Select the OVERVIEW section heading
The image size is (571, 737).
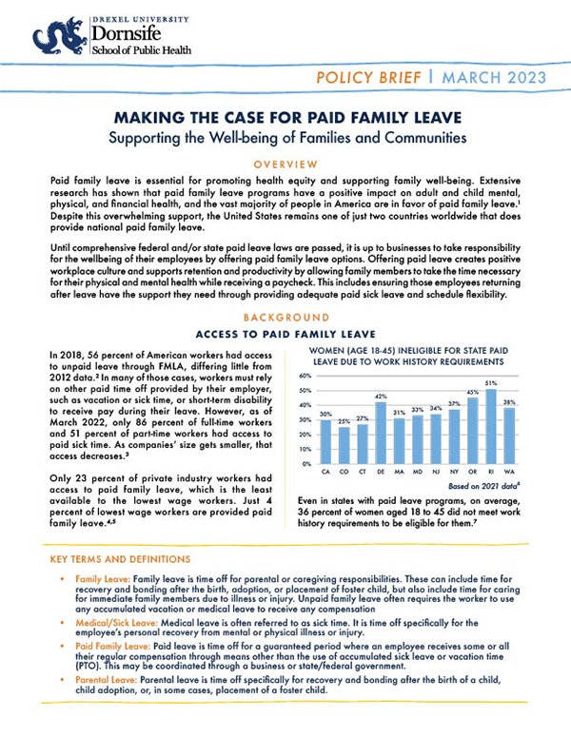click(285, 164)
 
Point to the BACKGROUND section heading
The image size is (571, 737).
click(285, 317)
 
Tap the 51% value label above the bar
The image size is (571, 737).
click(491, 383)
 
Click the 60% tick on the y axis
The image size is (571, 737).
click(305, 377)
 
